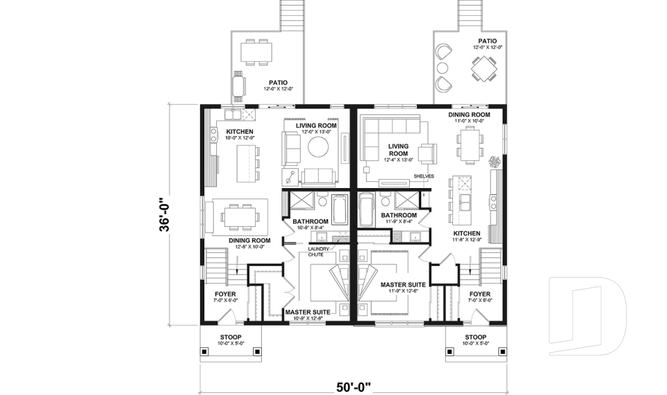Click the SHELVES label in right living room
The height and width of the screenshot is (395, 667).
point(424,176)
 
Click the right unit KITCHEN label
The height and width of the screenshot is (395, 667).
point(467,234)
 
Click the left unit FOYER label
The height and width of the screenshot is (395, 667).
point(224,294)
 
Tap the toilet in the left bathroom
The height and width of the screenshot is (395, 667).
point(321,201)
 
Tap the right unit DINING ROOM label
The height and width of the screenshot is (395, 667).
point(469,115)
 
